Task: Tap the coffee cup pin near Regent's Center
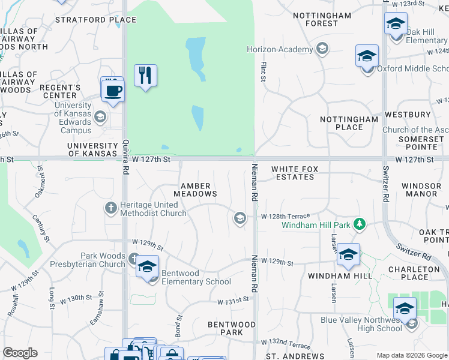(112, 91)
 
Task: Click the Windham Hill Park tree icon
(360, 224)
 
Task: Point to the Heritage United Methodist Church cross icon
(110, 208)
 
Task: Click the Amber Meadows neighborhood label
(195, 189)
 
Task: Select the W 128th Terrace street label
(285, 216)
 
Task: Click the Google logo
(20, 352)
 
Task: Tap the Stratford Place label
(95, 20)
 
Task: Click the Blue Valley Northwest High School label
(360, 324)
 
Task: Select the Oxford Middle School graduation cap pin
(367, 56)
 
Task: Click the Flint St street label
(262, 71)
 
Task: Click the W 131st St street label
(233, 300)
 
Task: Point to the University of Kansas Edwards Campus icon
(100, 116)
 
